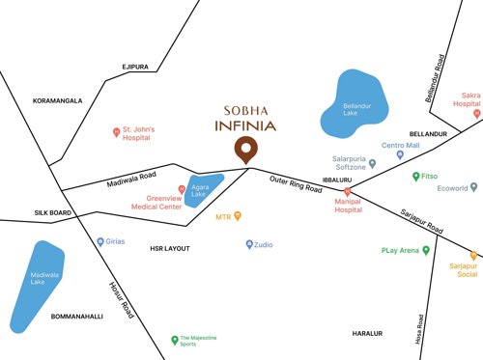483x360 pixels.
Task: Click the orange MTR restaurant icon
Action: point(238,216)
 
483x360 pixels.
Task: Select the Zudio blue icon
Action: point(248,245)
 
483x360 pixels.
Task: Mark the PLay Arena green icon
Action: point(426,250)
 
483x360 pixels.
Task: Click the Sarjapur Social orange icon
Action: point(473,255)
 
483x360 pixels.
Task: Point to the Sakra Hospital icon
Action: point(476,114)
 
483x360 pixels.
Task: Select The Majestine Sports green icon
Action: point(174,339)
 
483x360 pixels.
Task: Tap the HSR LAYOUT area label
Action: point(169,248)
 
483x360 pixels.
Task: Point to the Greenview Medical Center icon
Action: point(181,188)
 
